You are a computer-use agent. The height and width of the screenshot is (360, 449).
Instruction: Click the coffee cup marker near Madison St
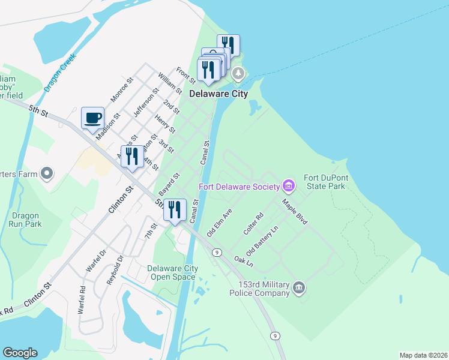click(x=92, y=118)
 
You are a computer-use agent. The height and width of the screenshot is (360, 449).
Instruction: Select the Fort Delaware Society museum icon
click(x=289, y=186)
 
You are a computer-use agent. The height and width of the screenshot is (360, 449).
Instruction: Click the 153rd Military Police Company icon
click(x=299, y=289)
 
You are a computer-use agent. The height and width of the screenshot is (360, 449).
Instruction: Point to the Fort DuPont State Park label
click(x=324, y=182)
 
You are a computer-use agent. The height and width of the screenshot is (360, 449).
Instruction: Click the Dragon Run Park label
click(x=25, y=220)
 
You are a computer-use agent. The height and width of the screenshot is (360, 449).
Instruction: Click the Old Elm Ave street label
click(x=219, y=223)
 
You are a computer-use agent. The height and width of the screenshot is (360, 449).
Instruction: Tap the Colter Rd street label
click(x=252, y=224)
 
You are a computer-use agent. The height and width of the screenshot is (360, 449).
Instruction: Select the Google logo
click(x=20, y=353)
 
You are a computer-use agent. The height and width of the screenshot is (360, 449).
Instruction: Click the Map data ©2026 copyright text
click(x=423, y=355)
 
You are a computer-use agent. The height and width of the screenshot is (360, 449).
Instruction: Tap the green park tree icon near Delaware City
click(x=239, y=74)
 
